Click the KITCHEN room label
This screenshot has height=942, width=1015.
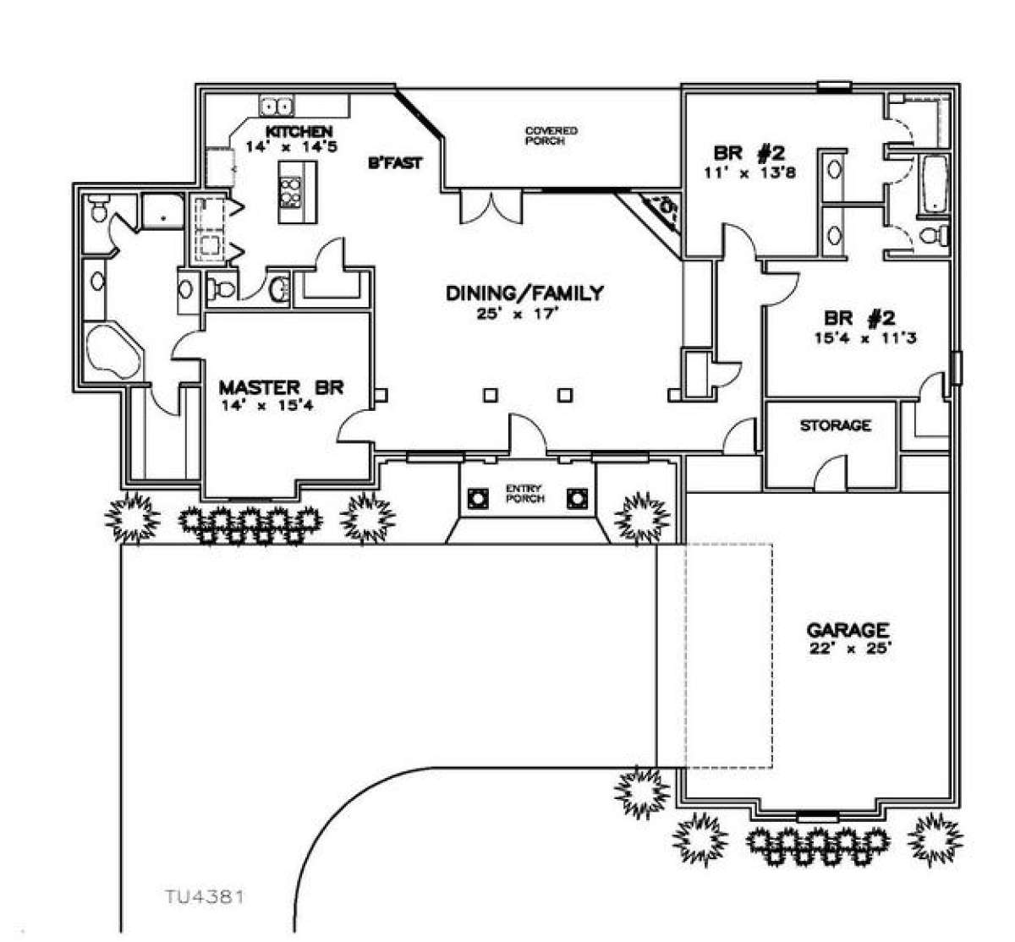click(x=298, y=131)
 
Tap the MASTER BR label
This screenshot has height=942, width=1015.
click(x=270, y=388)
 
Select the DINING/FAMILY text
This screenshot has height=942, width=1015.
click(x=524, y=293)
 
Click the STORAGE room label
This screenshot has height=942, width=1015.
click(x=835, y=425)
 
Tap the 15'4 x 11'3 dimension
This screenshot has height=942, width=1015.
click(x=860, y=338)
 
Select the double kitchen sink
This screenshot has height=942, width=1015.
click(x=277, y=107)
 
